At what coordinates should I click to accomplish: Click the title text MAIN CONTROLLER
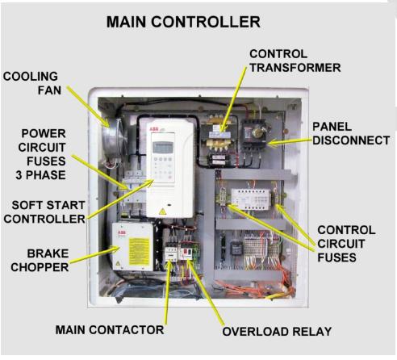pyautogui.click(x=183, y=22)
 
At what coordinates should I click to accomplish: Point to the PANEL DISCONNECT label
pyautogui.click(x=351, y=135)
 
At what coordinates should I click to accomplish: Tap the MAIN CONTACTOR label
pyautogui.click(x=110, y=330)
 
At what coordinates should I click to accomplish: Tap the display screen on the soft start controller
pyautogui.click(x=164, y=147)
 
